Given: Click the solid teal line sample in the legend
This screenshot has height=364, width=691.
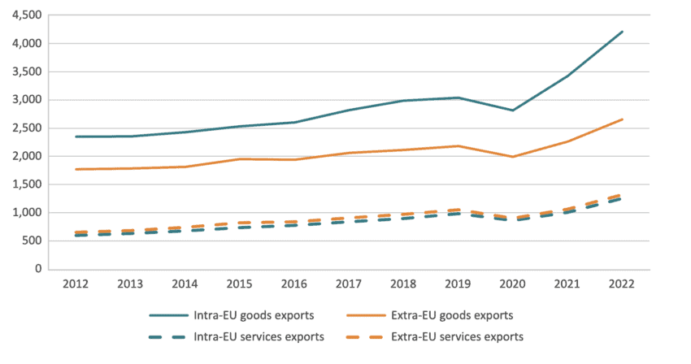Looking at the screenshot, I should tap(168, 314).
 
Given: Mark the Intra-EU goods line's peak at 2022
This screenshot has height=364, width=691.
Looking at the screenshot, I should tap(622, 32).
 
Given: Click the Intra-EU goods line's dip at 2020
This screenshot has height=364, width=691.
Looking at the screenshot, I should tap(513, 110).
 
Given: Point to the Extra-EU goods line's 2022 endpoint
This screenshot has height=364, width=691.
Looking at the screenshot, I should tap(622, 119).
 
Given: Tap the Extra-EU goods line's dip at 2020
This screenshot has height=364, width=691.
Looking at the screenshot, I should tap(513, 157).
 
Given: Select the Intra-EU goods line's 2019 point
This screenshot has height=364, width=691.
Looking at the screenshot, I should tap(458, 97).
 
